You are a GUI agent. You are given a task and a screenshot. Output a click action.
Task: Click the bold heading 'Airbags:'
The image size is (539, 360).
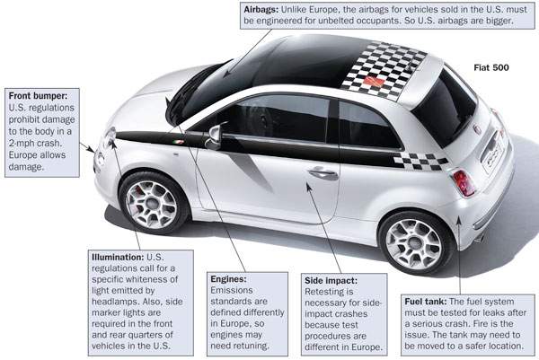tap(266, 8)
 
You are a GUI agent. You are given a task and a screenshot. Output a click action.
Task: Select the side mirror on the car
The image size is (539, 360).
tap(213, 136)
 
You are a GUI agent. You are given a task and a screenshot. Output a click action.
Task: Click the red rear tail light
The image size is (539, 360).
tap(464, 182)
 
